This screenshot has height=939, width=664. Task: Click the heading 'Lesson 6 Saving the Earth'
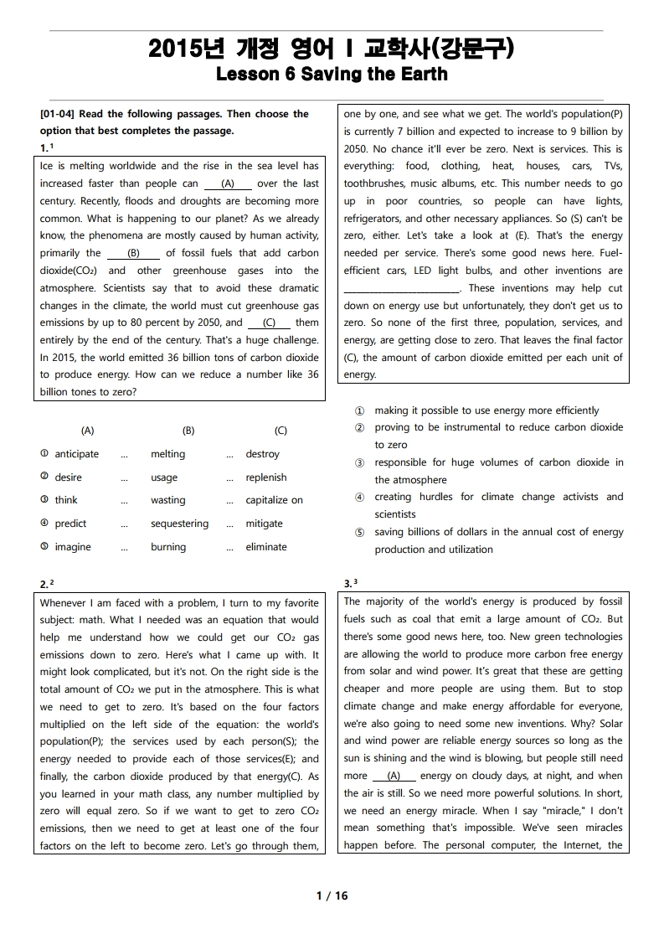[332, 74]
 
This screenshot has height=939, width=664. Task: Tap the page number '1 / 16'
[332, 895]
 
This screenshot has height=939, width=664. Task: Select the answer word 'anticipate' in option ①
[76, 454]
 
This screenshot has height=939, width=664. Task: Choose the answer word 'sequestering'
[179, 524]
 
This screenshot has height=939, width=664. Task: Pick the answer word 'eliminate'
[266, 547]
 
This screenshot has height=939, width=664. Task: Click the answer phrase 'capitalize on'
[274, 500]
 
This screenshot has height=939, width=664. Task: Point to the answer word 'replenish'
[265, 477]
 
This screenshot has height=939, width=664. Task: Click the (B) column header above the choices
[188, 431]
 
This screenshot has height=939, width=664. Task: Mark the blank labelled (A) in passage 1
[228, 183]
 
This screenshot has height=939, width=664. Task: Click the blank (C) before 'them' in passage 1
[269, 322]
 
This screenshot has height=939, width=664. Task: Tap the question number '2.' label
[45, 583]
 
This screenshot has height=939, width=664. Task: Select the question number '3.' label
[349, 583]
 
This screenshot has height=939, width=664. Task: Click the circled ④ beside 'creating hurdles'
[359, 498]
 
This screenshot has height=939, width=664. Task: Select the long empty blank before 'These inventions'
[402, 288]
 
